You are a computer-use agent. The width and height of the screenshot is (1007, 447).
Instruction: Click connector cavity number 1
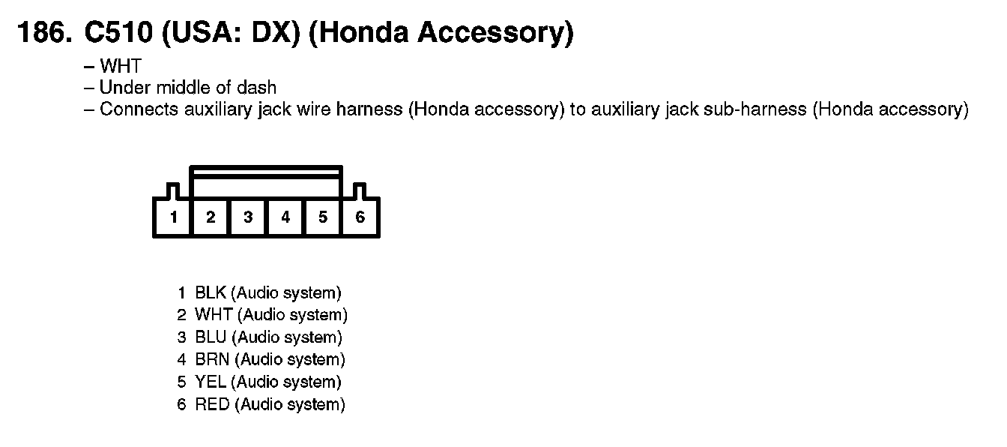173,217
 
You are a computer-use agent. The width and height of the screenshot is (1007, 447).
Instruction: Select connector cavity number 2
211,217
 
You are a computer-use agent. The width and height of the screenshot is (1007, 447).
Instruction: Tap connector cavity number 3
248,217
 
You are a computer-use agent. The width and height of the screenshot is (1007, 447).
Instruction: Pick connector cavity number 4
285,217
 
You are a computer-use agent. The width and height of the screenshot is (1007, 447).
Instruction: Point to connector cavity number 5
323,217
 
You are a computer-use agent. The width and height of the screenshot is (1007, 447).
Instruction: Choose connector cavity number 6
360,217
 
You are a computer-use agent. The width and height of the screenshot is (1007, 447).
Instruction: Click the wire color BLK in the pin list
211,292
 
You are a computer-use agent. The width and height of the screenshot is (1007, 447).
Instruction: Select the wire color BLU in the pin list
211,337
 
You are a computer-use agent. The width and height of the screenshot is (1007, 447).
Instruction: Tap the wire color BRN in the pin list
212,360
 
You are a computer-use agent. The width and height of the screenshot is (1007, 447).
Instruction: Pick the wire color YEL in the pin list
211,382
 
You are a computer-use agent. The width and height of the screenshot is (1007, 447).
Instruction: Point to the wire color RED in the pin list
212,405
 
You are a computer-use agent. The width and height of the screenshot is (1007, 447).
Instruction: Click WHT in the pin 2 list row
213,315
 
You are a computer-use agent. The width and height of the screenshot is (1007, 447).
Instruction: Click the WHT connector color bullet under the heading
120,67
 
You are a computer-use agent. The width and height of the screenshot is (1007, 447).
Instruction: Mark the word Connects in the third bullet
135,109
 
